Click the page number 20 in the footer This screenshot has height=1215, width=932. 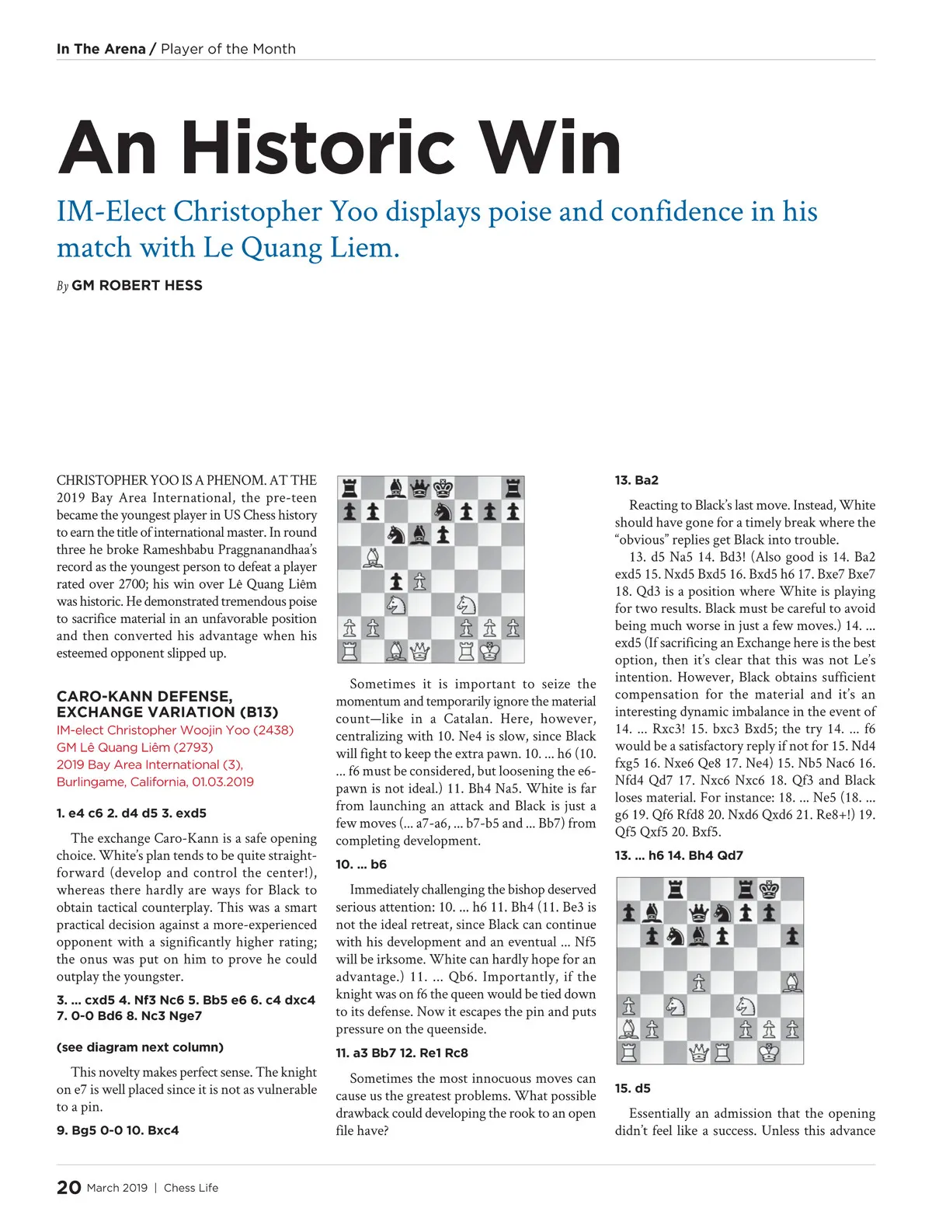(x=68, y=1187)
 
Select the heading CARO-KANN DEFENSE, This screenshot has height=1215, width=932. (x=144, y=696)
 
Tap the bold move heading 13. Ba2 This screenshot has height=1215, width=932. (x=636, y=480)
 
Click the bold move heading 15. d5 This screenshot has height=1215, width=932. (x=632, y=1088)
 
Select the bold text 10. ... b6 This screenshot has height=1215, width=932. (x=360, y=864)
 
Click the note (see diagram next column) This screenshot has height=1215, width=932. (x=140, y=1047)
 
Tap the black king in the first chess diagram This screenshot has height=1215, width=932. (x=443, y=489)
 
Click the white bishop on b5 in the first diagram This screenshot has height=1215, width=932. (x=373, y=558)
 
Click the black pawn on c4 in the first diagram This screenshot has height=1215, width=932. (x=396, y=581)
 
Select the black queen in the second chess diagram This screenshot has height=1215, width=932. (x=699, y=913)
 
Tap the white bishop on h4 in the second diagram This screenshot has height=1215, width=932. (x=792, y=983)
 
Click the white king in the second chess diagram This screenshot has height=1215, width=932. (x=769, y=1053)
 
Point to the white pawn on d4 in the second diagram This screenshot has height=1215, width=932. (x=699, y=983)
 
